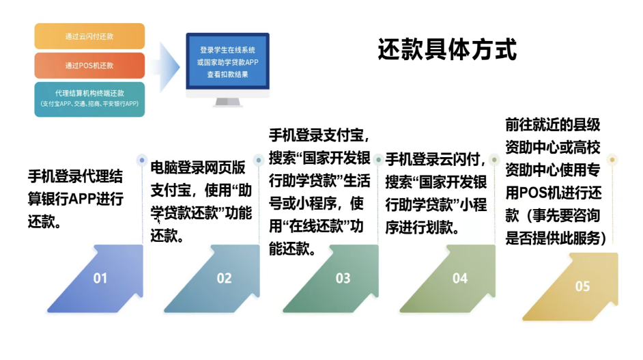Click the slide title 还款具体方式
[447, 49]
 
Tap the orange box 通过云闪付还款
[89, 36]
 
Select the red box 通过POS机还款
[89, 66]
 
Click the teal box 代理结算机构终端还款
[89, 99]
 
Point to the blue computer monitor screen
[227, 61]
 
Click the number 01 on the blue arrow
[100, 278]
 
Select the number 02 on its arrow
[224, 278]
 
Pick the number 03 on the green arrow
[343, 278]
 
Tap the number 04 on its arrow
[459, 278]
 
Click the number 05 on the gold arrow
[582, 286]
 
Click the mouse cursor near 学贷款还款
[158, 221]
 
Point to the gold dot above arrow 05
[612, 160]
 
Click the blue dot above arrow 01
[142, 160]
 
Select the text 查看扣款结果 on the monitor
[227, 74]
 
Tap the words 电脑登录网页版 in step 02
[198, 167]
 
